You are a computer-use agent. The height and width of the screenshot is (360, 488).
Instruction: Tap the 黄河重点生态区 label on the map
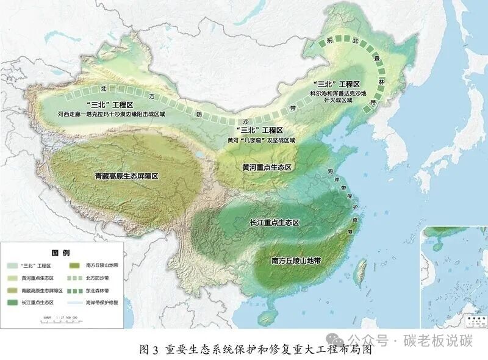(x=267, y=167)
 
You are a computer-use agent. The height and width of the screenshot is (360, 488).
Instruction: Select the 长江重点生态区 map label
(x=275, y=223)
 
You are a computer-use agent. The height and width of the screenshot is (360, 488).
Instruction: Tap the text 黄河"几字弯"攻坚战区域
(x=260, y=140)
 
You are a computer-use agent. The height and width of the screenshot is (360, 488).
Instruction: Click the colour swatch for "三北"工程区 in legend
(x=12, y=266)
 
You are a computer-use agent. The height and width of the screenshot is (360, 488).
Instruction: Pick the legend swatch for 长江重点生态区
(x=12, y=302)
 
